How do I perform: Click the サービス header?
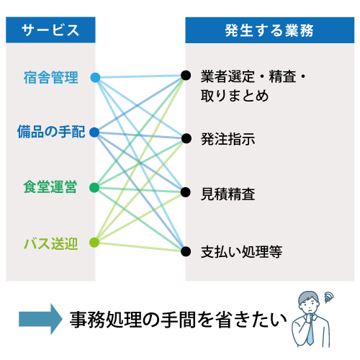tap(50, 30)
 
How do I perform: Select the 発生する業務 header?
tap(269, 30)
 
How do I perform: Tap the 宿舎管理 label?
tap(51, 77)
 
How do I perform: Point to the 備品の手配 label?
tap(51, 132)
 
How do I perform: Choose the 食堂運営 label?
tap(50, 186)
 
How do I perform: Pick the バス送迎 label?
tap(51, 244)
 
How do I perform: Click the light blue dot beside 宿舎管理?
tap(95, 78)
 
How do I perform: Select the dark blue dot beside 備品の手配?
tap(94, 132)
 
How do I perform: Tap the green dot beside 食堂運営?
tap(94, 187)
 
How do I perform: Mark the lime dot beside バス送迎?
tap(94, 243)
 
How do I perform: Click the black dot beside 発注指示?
tap(186, 138)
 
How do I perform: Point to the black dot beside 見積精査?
tap(186, 192)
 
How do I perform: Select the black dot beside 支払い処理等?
tap(186, 251)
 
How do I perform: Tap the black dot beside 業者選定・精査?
tap(186, 76)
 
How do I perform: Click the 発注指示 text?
tap(228, 139)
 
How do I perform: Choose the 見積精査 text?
tap(228, 194)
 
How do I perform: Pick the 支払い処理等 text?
tap(241, 252)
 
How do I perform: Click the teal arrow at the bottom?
tap(40, 319)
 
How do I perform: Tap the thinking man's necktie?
tap(310, 333)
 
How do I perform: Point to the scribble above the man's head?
tap(328, 297)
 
